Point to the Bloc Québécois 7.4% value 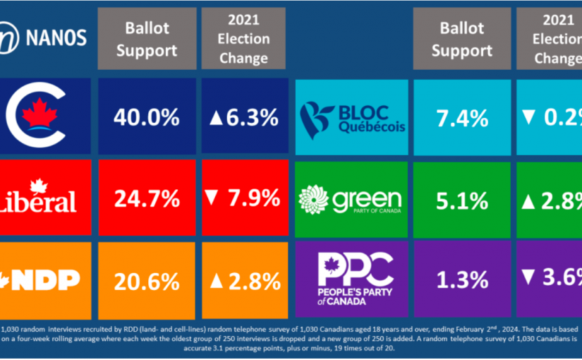click(x=459, y=117)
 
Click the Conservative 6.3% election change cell click(x=244, y=117)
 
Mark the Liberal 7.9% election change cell click(x=244, y=199)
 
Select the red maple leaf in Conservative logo click(x=42, y=113)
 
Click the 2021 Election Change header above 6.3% click(x=243, y=39)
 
